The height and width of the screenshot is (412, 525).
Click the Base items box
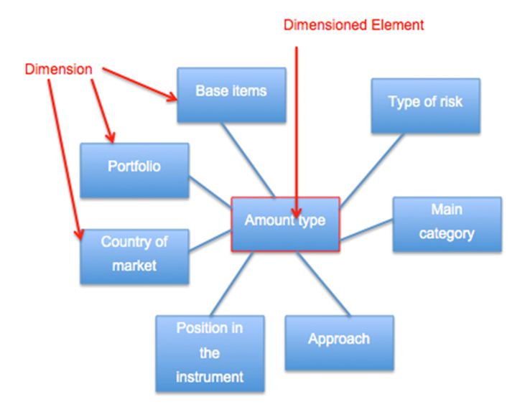pyautogui.click(x=231, y=94)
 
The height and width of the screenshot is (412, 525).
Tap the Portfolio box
pyautogui.click(x=134, y=170)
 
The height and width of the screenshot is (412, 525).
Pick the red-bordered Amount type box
pyautogui.click(x=285, y=224)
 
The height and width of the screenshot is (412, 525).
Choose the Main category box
pyautogui.click(x=446, y=223)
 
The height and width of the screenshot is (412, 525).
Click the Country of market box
pyautogui.click(x=134, y=255)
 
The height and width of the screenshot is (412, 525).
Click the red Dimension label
pyautogui.click(x=60, y=70)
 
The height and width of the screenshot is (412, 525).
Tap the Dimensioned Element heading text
pyautogui.click(x=354, y=25)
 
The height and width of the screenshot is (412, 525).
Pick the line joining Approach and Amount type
pyautogui.click(x=322, y=284)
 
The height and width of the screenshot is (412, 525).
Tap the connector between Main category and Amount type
pyautogui.click(x=366, y=231)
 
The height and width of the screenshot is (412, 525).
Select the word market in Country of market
pyautogui.click(x=134, y=266)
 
